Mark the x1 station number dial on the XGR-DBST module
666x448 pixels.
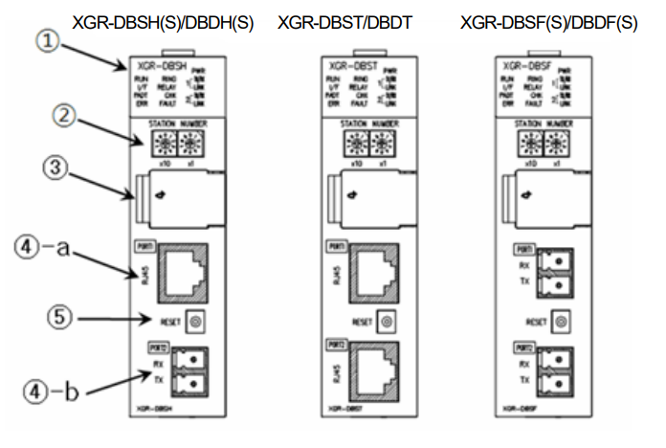coord(384,145)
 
